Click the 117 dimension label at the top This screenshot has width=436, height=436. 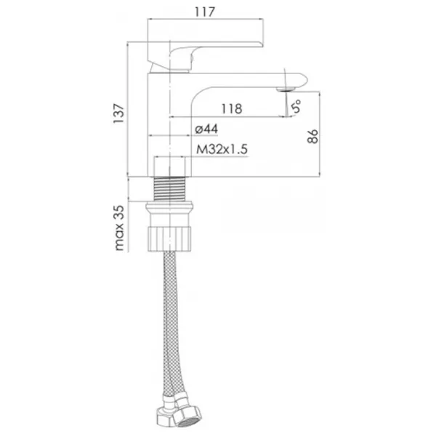(205, 12)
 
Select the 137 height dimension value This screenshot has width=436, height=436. (118, 113)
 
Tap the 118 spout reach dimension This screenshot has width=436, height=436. (232, 109)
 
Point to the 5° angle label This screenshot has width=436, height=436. (296, 106)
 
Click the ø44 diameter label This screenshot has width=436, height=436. (206, 129)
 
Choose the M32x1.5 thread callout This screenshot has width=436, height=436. (222, 149)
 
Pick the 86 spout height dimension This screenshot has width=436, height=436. (312, 136)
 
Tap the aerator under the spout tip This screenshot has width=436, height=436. (285, 89)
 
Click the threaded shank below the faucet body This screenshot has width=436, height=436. (169, 188)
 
